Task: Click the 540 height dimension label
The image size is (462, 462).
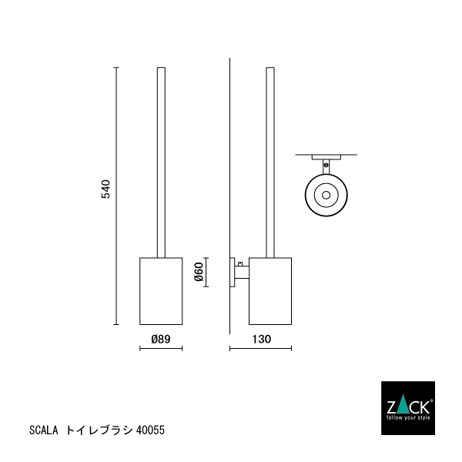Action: click(x=106, y=189)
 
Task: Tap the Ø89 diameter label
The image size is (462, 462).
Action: click(x=160, y=338)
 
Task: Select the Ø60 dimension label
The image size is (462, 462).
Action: click(x=198, y=272)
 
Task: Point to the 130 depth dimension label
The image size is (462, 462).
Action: click(x=262, y=338)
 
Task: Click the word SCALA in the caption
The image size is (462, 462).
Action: click(x=45, y=430)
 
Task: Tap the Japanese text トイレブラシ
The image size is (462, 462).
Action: click(x=99, y=430)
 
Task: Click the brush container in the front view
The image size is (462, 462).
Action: click(x=161, y=291)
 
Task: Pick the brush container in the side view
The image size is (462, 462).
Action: click(x=271, y=291)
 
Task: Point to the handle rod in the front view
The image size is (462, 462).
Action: click(x=161, y=162)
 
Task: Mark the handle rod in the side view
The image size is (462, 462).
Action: click(x=270, y=162)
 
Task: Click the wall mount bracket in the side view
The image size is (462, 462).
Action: click(x=238, y=272)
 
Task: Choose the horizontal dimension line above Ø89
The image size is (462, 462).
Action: click(x=160, y=349)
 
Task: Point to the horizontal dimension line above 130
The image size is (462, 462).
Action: click(x=261, y=349)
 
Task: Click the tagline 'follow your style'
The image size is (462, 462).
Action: click(x=409, y=417)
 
